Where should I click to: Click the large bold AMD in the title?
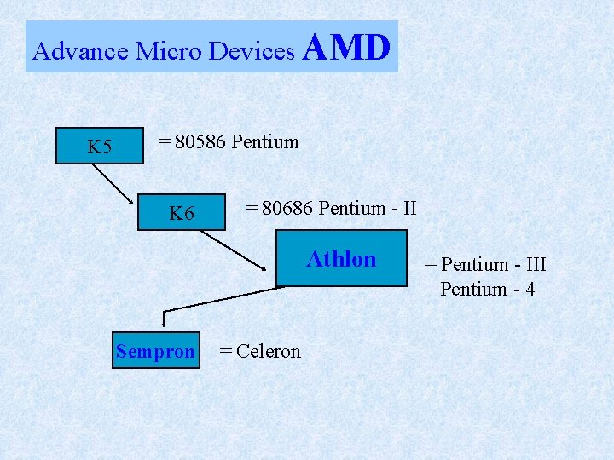point(346,48)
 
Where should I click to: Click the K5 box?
point(100,147)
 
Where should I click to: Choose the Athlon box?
point(341,259)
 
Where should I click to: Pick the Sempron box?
point(156,351)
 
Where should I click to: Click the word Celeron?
point(269,351)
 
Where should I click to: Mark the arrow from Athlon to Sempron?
point(222,299)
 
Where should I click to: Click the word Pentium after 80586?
point(265,141)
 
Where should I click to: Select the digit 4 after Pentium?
point(530,289)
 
